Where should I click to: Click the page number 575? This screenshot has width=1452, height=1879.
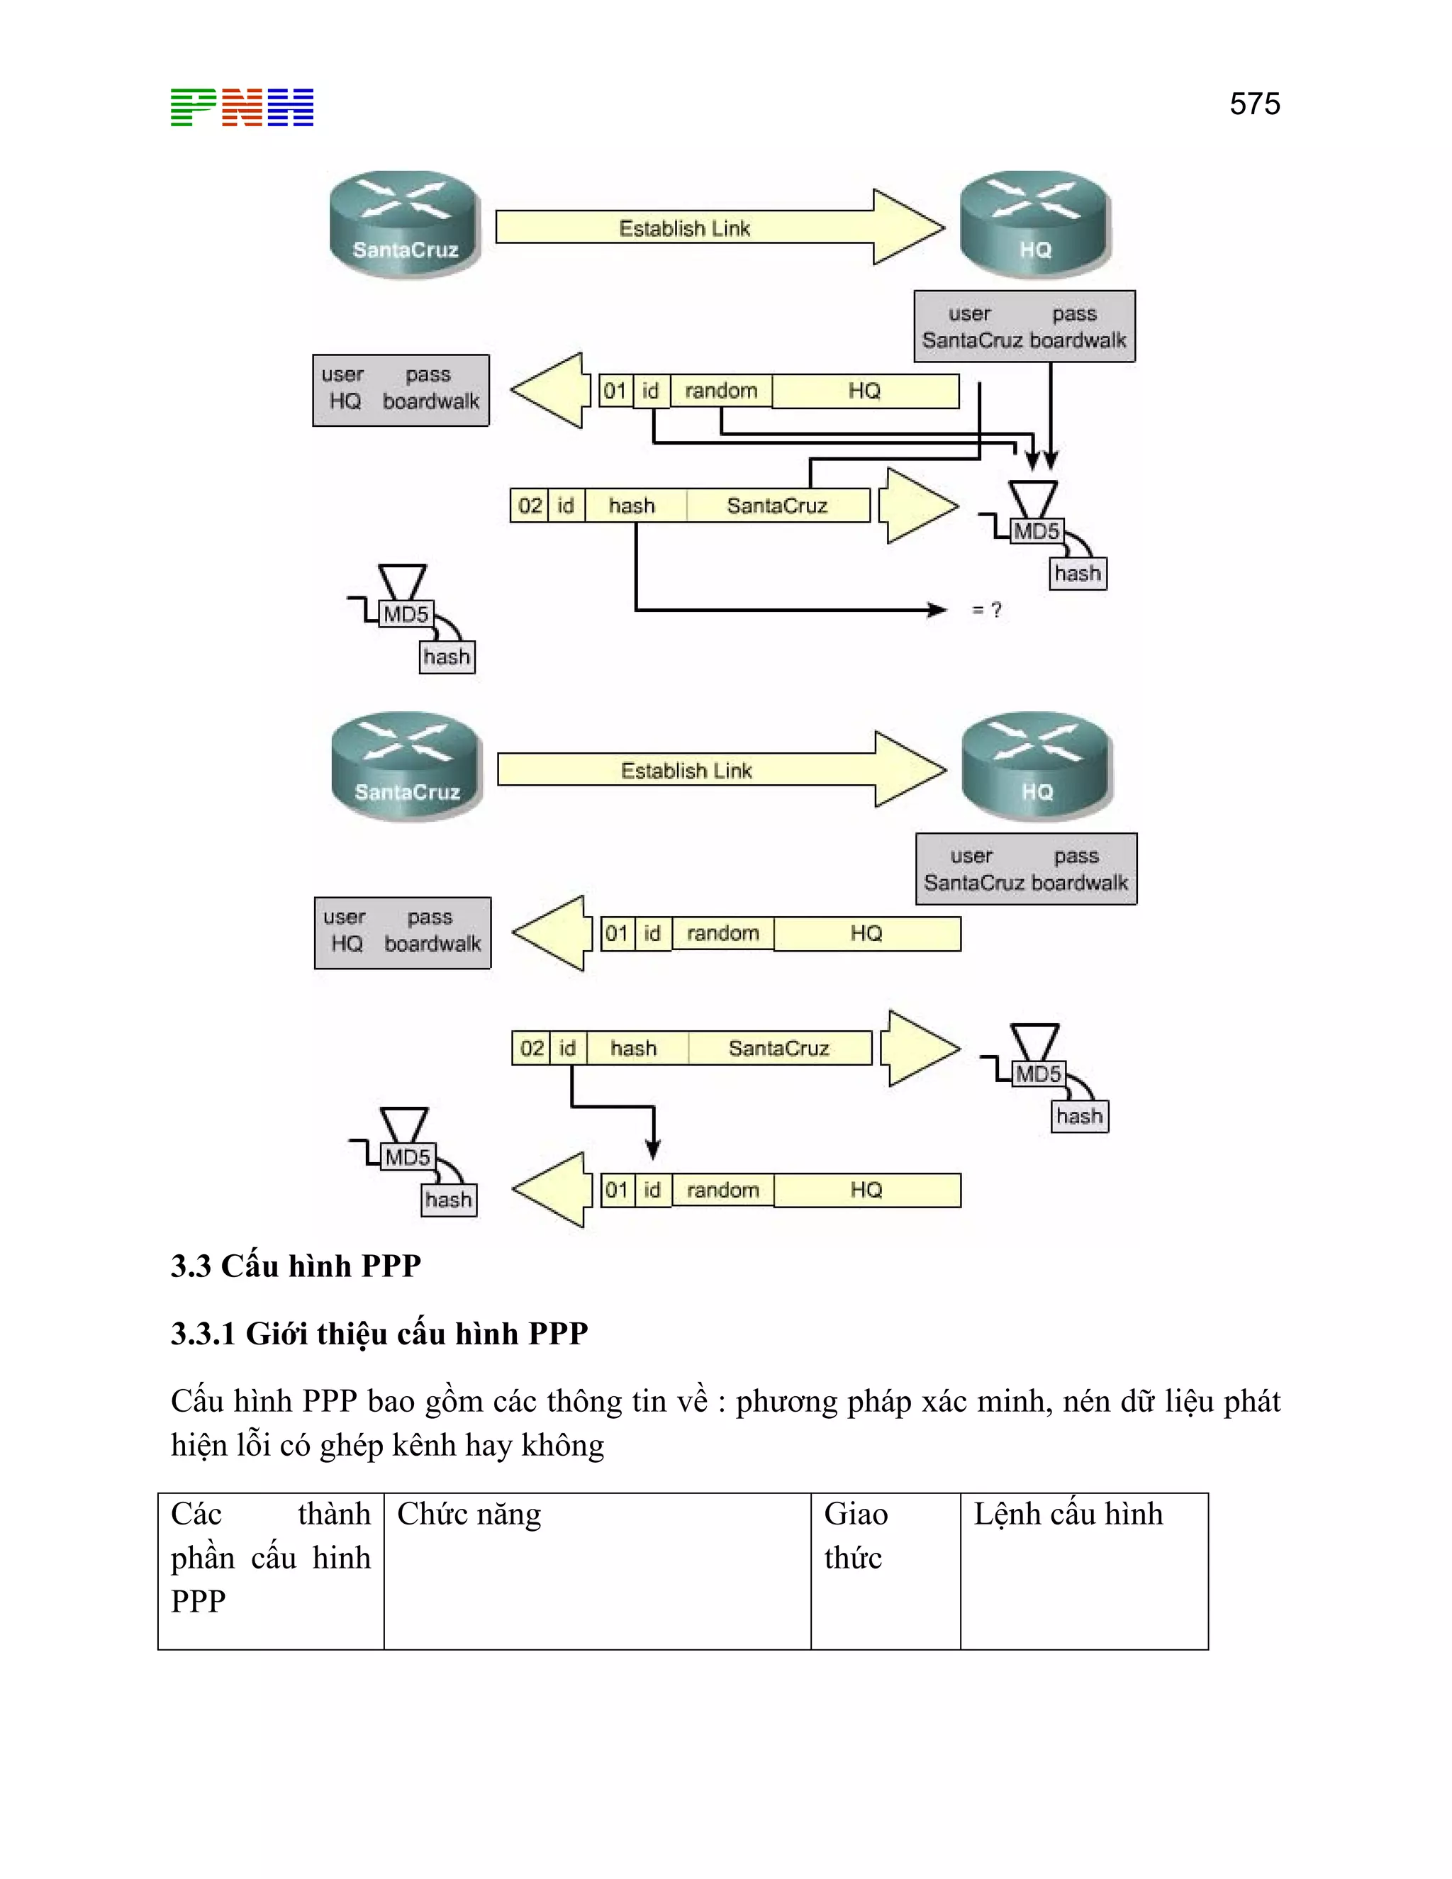point(1254,104)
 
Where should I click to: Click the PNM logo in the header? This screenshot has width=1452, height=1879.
point(242,108)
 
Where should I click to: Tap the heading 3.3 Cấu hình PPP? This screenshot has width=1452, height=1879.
point(295,1266)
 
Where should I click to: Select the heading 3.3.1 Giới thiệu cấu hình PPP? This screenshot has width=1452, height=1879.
point(379,1334)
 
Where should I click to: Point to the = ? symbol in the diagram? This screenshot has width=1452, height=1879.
point(987,610)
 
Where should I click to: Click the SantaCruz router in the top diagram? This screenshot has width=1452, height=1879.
point(404,223)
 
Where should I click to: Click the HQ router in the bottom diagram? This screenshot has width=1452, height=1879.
point(1037,766)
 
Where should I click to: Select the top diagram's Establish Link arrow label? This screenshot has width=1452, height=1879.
point(685,229)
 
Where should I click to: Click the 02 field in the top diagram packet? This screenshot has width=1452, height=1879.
point(530,506)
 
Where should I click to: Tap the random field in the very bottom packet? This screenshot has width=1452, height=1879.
point(722,1190)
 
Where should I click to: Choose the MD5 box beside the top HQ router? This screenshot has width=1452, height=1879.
point(1036,531)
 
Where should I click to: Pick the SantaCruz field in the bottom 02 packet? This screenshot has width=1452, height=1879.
point(778,1049)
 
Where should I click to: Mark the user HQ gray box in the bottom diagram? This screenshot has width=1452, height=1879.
point(402,932)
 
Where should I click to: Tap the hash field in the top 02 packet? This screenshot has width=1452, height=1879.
point(632,506)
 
